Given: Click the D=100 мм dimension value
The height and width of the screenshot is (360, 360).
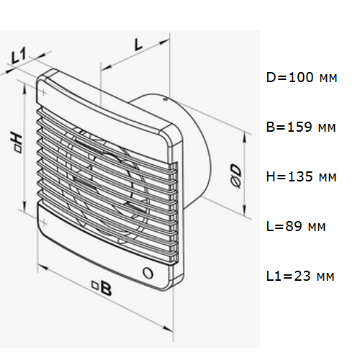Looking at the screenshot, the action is point(302,78).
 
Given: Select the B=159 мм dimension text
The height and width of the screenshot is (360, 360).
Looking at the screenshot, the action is point(301,127).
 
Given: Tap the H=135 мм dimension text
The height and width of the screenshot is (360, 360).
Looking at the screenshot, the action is point(302,177).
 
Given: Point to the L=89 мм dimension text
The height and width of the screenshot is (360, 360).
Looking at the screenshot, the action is point(296,226).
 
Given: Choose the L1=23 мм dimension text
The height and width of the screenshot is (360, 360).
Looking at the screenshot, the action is point(300,276).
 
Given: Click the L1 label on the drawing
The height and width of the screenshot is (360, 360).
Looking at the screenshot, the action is point(19,56).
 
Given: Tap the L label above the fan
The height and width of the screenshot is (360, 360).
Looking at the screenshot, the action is point(138,45).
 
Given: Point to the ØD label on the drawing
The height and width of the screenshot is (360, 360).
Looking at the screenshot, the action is point(235,176).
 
